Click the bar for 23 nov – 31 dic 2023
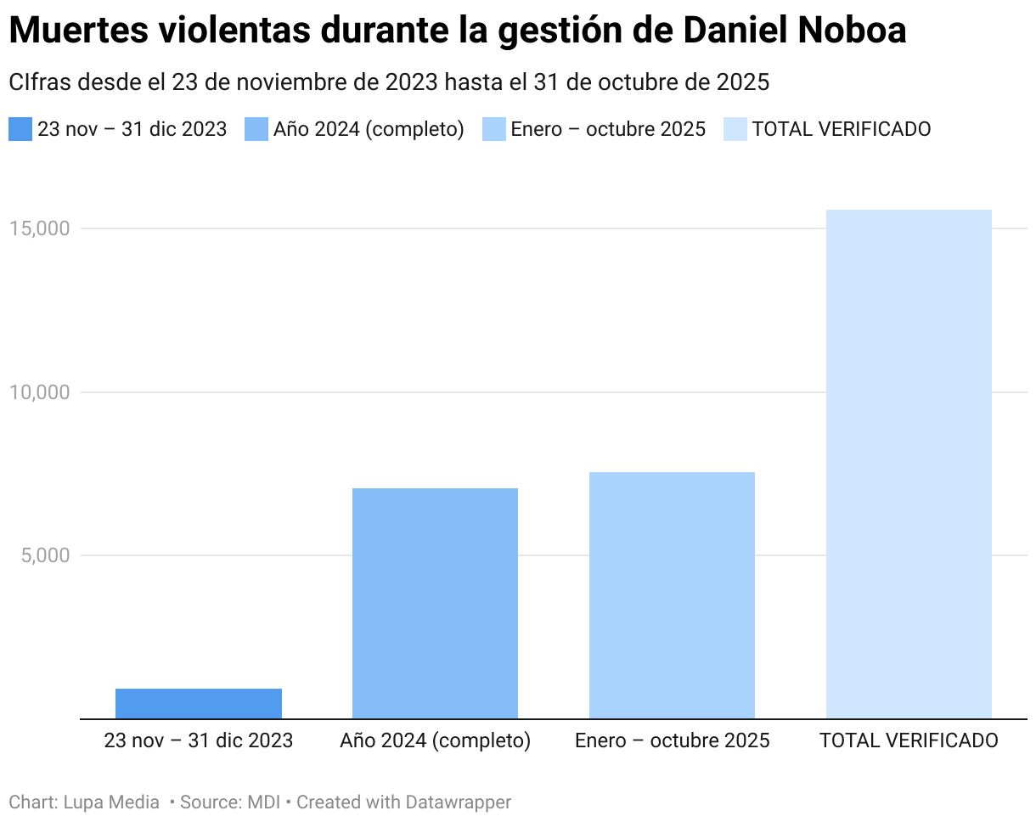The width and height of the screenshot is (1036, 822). coord(198,703)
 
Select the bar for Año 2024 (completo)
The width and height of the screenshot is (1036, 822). coord(435,603)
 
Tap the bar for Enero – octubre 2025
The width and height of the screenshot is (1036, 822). coord(672,594)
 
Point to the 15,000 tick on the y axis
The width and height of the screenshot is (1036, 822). coord(39,228)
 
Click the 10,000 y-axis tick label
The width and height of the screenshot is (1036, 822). coord(39,392)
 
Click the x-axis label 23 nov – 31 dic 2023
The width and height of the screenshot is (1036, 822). coord(198,740)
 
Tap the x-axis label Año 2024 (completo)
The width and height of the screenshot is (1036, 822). coord(435,740)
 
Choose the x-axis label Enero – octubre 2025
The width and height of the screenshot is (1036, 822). coord(672,740)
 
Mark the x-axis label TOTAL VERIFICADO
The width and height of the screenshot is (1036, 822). coord(909,740)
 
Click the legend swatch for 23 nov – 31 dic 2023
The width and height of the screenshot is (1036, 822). coord(20,129)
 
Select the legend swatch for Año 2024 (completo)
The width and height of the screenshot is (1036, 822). coord(256,129)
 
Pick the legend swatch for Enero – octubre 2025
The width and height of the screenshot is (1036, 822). coord(493,129)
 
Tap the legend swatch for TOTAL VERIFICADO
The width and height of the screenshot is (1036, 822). coord(735,129)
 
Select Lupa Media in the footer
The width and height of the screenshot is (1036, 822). coord(111,802)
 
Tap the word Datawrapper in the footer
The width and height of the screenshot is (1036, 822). coord(459,802)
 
